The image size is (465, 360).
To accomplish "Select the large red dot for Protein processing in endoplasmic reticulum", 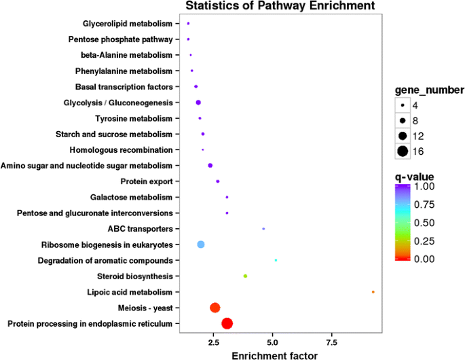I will (x=227, y=323).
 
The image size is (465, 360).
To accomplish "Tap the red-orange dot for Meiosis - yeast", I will (x=215, y=308).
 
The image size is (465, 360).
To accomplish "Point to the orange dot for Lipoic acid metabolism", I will (x=373, y=292).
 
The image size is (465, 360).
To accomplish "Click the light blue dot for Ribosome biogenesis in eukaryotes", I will (x=200, y=245).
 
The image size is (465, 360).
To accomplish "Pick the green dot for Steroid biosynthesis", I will (x=245, y=276).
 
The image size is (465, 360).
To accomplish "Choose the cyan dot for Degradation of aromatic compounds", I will (x=276, y=260).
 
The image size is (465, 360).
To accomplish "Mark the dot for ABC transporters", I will (x=263, y=229).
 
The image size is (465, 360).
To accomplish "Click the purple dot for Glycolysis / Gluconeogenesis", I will (x=198, y=103).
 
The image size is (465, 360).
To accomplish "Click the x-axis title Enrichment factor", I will (x=274, y=354).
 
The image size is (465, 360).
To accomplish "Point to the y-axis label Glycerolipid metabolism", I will (x=128, y=24).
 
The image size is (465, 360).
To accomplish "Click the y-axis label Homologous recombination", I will (x=121, y=149).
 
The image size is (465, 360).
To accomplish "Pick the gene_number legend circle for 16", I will (x=403, y=151).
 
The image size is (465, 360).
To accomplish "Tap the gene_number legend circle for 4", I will (x=403, y=106).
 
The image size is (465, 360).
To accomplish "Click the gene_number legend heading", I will (x=430, y=90).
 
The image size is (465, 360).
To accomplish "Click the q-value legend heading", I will (x=415, y=177).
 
